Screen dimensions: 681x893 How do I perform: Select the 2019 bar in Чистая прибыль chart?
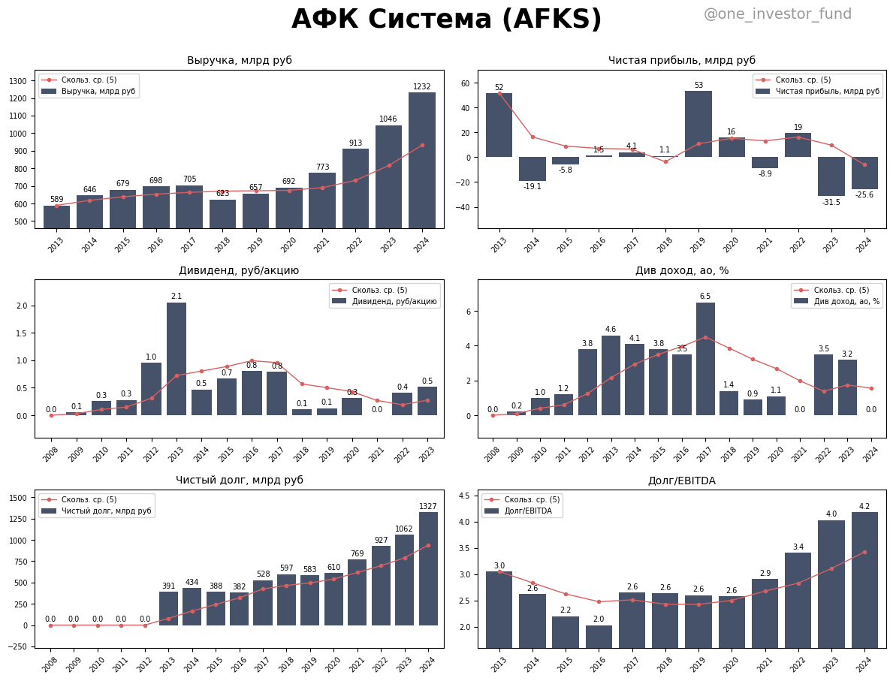click(x=698, y=124)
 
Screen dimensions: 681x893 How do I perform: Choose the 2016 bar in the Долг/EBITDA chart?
click(x=599, y=636)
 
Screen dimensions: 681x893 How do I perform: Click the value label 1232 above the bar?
click(x=421, y=87)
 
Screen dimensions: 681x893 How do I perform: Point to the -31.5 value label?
click(x=831, y=203)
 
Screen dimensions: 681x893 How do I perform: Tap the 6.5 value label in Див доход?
click(x=705, y=297)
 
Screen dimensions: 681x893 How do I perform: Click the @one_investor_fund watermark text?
click(x=777, y=14)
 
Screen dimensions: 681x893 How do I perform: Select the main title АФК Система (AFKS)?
click(x=446, y=20)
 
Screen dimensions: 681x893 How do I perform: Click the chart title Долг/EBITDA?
click(x=681, y=481)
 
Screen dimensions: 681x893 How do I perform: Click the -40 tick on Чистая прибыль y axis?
click(x=463, y=207)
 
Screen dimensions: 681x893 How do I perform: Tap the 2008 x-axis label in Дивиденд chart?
click(x=50, y=454)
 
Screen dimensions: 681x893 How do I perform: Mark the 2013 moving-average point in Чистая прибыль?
click(x=499, y=93)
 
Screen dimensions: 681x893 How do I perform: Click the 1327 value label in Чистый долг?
click(x=428, y=507)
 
